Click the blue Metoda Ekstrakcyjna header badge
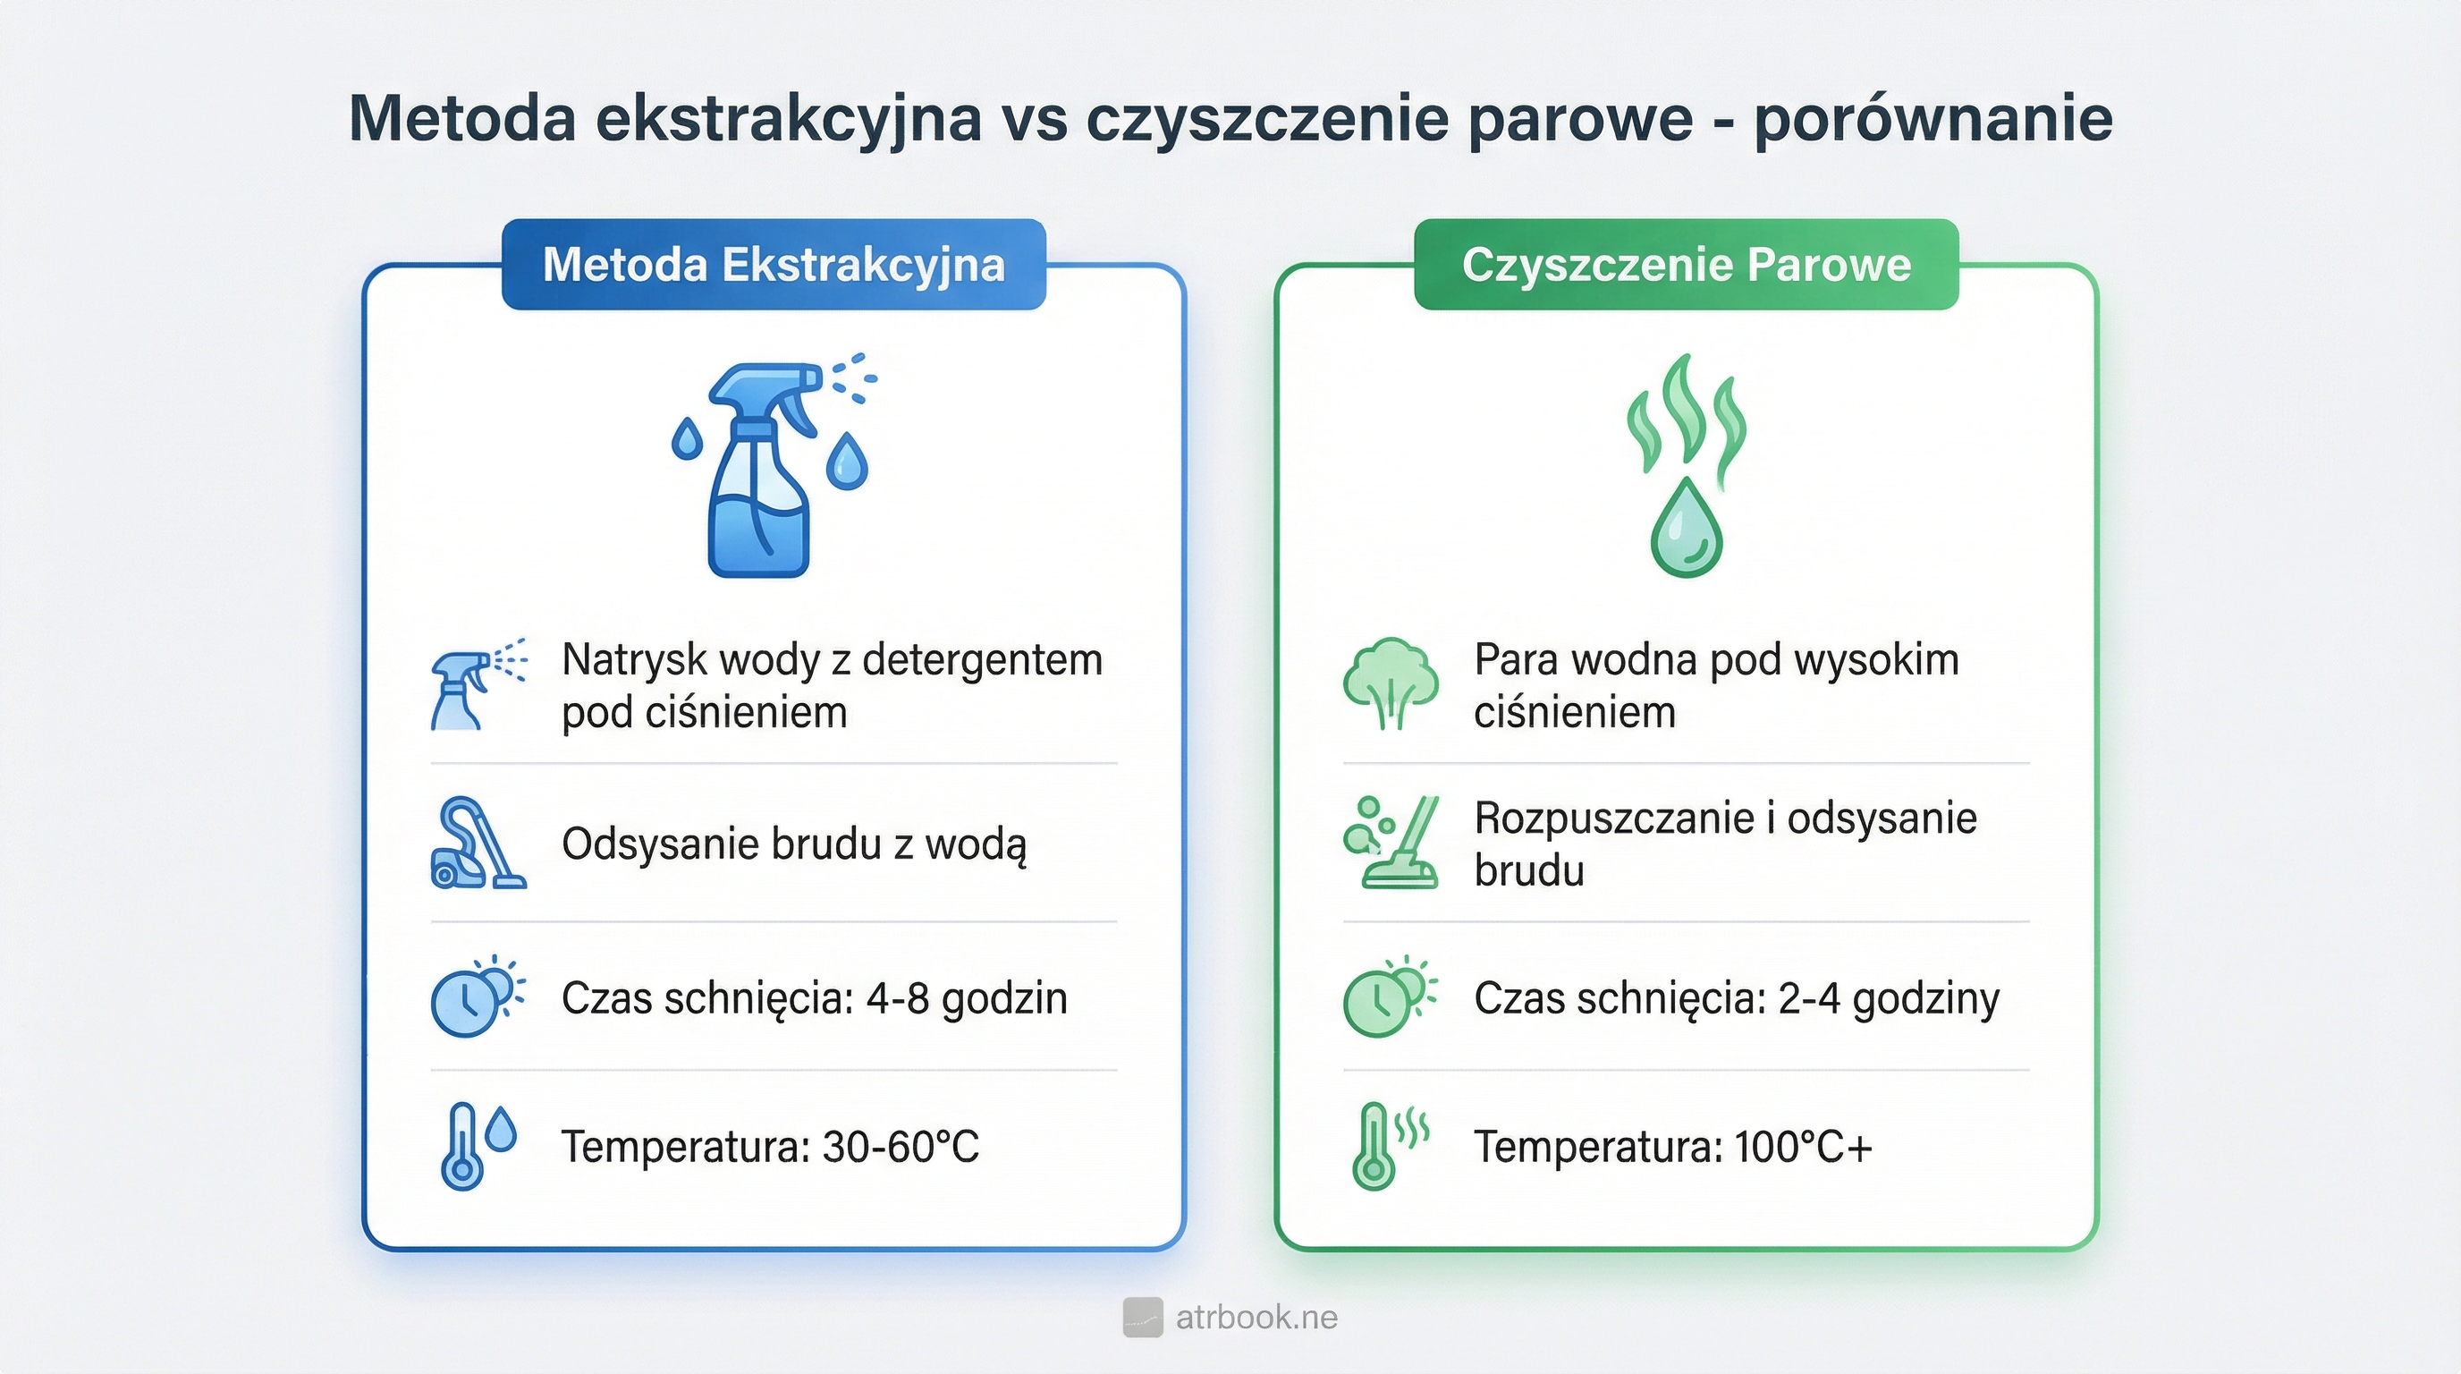pos(773,265)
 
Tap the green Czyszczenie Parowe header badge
pos(1687,265)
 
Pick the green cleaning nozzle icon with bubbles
pos(1390,844)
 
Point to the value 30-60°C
pos(900,1147)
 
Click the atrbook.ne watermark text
pos(1256,1318)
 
